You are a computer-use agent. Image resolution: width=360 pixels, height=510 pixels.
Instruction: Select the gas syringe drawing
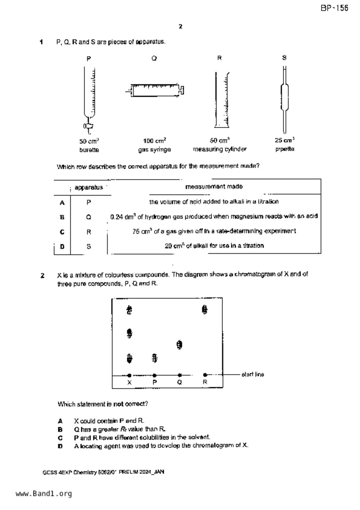[x=155, y=90]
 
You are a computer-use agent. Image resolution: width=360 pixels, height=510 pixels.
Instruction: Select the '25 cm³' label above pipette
[x=285, y=140]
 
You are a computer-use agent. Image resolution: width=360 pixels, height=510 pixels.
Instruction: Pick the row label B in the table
[x=62, y=217]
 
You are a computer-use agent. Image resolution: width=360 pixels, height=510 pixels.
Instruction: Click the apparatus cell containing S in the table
[x=89, y=247]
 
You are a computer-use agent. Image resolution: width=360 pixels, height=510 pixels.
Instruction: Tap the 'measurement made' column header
[x=214, y=187]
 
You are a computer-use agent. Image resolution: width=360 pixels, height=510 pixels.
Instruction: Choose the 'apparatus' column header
[x=89, y=188]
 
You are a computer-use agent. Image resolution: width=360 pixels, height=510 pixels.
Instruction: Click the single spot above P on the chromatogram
[x=155, y=358]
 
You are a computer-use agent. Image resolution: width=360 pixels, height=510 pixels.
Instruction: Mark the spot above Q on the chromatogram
[x=180, y=345]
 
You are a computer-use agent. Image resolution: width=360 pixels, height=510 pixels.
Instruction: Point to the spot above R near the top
[x=205, y=310]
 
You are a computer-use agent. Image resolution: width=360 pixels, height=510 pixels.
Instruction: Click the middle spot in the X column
[x=130, y=333]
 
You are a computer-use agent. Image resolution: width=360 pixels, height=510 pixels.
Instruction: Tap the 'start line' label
[x=253, y=375]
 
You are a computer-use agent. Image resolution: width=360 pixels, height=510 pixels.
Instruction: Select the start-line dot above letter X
[x=130, y=375]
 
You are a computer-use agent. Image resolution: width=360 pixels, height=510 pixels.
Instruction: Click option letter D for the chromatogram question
[x=60, y=446]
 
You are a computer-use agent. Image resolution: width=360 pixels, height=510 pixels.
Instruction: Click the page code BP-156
[x=334, y=8]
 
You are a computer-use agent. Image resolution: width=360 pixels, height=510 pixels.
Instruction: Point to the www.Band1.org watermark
[x=44, y=494]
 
